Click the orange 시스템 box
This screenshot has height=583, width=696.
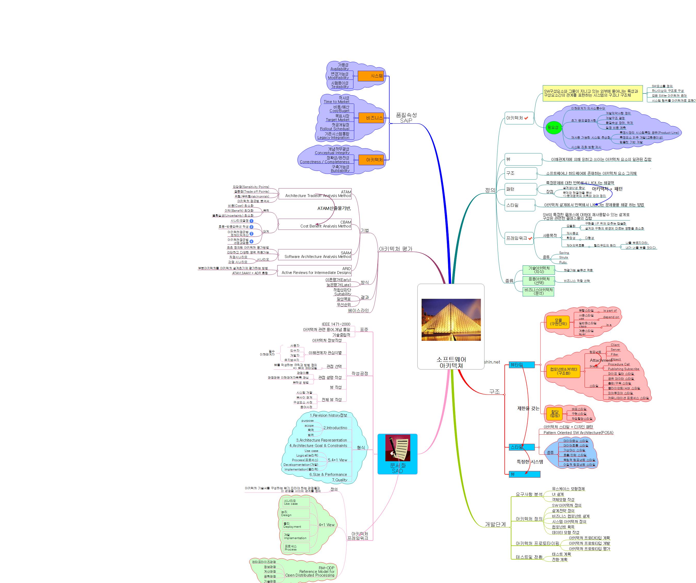371,76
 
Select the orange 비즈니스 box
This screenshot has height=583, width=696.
371,118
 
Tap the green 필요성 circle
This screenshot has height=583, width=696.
553,127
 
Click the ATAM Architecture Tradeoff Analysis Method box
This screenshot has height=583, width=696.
315,194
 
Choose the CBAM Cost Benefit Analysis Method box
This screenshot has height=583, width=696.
315,224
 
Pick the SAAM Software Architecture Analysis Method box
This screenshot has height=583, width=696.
315,255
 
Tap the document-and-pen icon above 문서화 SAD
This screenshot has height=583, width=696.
397,448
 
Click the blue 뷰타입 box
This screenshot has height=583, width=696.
522,365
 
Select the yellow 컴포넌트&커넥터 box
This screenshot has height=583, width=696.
563,371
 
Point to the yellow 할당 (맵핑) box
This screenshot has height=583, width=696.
554,414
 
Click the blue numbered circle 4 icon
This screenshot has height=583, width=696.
251,241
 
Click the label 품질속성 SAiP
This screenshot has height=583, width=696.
406,118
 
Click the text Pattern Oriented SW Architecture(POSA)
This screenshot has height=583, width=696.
578,432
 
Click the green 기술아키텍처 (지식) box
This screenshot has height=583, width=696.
539,270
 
